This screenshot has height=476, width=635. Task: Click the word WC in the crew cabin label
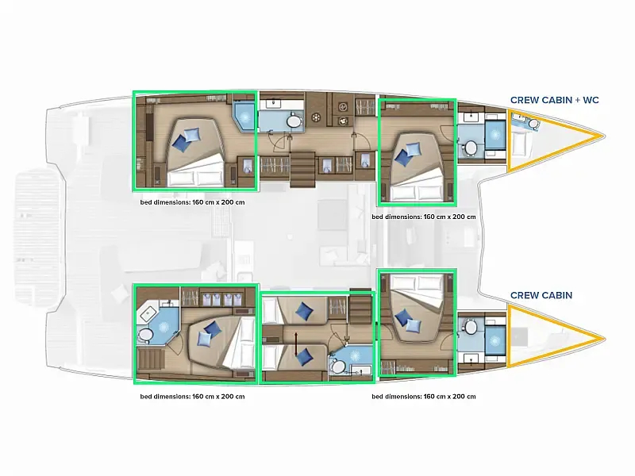(591, 100)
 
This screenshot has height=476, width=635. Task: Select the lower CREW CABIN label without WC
(541, 295)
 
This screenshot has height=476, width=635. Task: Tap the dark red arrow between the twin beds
(296, 344)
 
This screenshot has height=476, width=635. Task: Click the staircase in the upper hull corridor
(302, 169)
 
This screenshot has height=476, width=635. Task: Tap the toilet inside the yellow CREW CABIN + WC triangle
(533, 123)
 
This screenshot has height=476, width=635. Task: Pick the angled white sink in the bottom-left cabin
(148, 313)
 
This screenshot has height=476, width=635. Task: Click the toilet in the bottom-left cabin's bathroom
(145, 335)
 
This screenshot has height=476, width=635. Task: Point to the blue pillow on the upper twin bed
(304, 311)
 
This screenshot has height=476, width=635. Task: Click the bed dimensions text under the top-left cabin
(192, 202)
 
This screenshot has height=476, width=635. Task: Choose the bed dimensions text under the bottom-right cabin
(424, 396)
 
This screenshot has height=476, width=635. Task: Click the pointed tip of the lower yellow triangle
(605, 339)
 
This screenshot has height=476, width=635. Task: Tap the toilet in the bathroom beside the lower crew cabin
(471, 327)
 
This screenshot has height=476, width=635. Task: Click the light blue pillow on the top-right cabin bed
(413, 149)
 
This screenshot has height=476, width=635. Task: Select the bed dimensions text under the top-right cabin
(424, 217)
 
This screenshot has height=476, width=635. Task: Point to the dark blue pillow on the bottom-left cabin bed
(212, 329)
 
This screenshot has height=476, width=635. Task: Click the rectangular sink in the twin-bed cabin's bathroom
(360, 370)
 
